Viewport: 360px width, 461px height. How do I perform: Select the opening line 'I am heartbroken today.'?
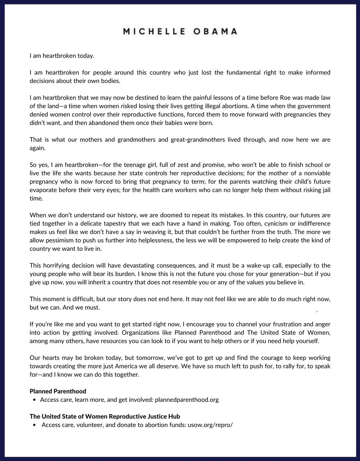[x=62, y=56]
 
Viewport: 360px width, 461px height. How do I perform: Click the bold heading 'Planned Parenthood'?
[x=58, y=391]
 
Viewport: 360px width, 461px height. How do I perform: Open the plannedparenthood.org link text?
[x=186, y=400]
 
